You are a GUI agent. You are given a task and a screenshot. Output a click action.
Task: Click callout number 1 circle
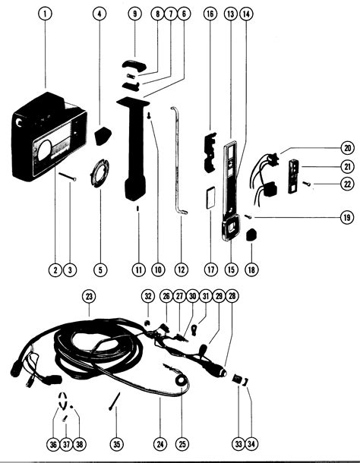pos(47,14)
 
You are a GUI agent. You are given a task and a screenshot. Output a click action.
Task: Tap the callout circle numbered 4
pos(100,14)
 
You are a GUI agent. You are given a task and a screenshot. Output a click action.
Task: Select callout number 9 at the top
pos(135,14)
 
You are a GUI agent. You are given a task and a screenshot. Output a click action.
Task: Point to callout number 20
pos(347,148)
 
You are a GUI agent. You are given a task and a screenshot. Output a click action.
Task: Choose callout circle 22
pos(347,183)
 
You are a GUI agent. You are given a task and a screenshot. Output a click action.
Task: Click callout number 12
pos(181,269)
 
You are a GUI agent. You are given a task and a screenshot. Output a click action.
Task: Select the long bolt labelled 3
pos(66,178)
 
